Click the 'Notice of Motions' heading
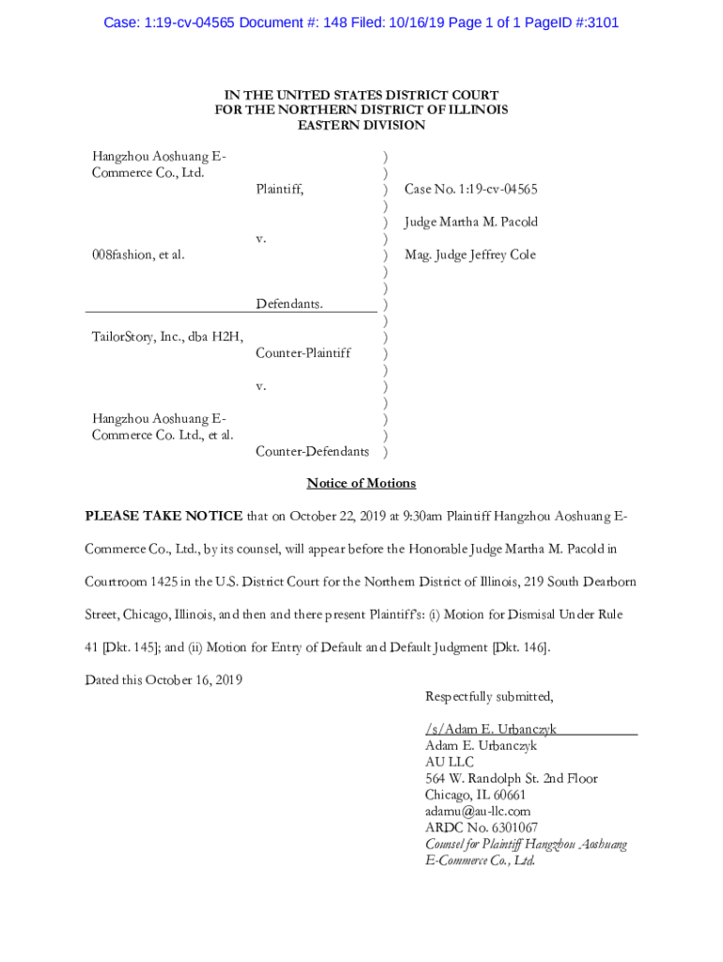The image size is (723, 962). pyautogui.click(x=361, y=483)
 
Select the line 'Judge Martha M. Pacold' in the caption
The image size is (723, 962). pyautogui.click(x=470, y=222)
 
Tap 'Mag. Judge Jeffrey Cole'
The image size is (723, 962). pyautogui.click(x=469, y=255)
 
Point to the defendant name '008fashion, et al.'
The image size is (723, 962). pyautogui.click(x=138, y=255)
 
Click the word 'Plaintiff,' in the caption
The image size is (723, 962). pyautogui.click(x=280, y=189)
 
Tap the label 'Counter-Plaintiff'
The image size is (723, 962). pyautogui.click(x=303, y=352)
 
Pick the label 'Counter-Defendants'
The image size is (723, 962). pyautogui.click(x=312, y=451)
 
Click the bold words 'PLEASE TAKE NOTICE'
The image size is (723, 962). pyautogui.click(x=163, y=516)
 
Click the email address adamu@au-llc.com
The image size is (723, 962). pyautogui.click(x=478, y=811)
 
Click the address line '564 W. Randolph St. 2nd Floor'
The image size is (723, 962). pyautogui.click(x=511, y=778)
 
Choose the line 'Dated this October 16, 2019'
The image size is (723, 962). pyautogui.click(x=163, y=679)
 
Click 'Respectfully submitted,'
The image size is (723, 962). pyautogui.click(x=489, y=696)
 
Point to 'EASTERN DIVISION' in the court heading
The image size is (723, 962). pyautogui.click(x=361, y=125)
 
